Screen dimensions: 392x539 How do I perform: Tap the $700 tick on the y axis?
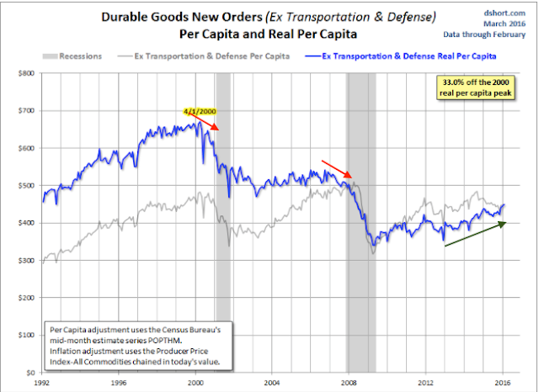point(24,110)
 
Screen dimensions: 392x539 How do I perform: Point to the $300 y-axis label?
point(24,260)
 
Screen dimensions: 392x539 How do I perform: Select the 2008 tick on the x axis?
point(348,381)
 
